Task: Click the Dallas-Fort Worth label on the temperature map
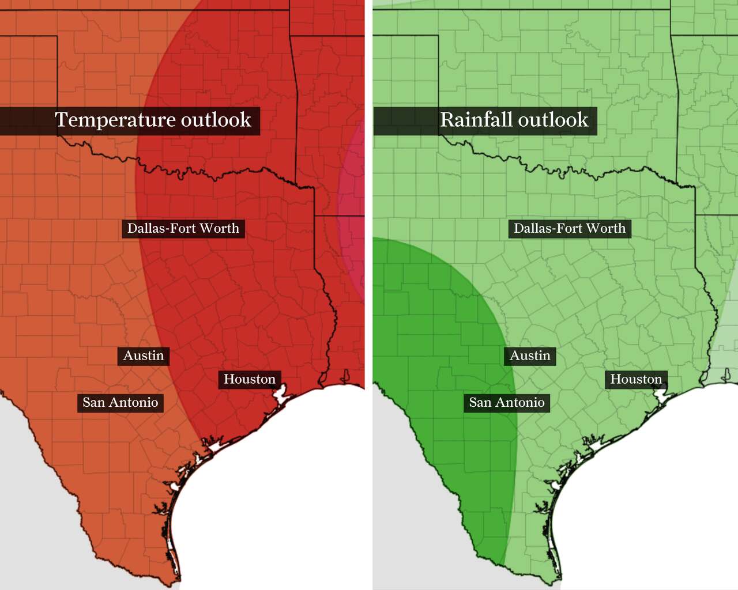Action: [183, 228]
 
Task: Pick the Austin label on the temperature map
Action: [144, 355]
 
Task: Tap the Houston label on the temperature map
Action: [250, 379]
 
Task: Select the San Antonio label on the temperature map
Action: [121, 402]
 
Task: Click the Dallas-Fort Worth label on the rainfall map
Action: [570, 228]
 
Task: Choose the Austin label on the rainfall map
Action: [530, 355]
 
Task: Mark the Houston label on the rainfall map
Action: [636, 379]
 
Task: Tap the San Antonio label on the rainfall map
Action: [507, 402]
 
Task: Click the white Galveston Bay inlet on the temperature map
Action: [281, 396]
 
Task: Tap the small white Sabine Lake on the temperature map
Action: [345, 377]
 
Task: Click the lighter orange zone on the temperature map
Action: [69, 288]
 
